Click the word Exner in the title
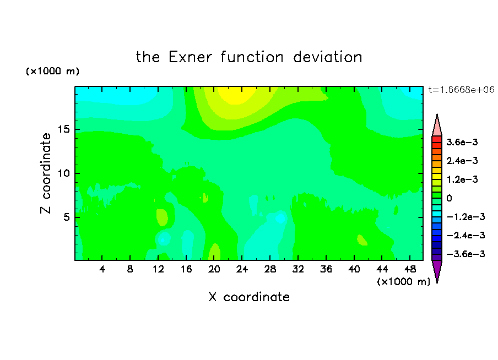[190, 57]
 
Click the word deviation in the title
[328, 57]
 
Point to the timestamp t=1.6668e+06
[461, 90]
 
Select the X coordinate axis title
[249, 297]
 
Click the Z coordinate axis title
[46, 173]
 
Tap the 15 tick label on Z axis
[64, 129]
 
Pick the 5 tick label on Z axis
[67, 217]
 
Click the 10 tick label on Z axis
[64, 173]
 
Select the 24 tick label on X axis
[242, 269]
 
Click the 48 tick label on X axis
[410, 269]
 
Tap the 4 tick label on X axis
[102, 269]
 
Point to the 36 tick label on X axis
[326, 269]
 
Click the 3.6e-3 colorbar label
[462, 142]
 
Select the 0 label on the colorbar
[449, 198]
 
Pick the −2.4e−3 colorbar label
[465, 235]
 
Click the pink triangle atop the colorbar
[437, 127]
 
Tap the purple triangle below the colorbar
[437, 270]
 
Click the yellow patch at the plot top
[237, 94]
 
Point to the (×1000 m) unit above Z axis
[52, 71]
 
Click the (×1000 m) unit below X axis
[403, 282]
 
